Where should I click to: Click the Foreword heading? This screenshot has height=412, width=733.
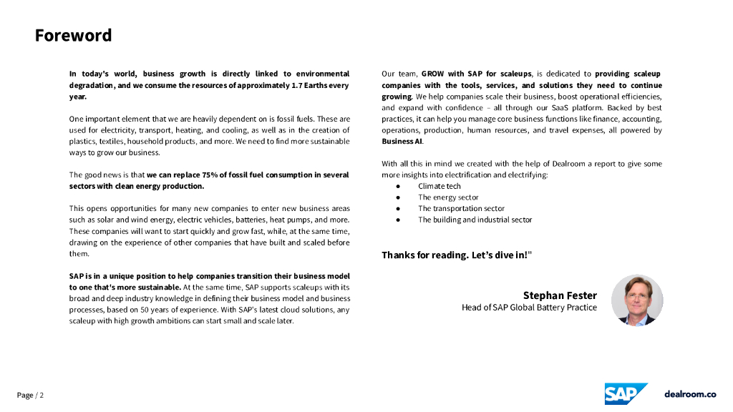click(x=73, y=35)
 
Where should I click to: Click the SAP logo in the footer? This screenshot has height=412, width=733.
click(x=625, y=394)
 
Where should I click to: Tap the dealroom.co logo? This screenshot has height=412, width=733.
click(x=689, y=394)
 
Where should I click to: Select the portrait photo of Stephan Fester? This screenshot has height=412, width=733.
click(x=637, y=300)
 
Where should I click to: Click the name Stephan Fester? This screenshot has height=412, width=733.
click(x=559, y=295)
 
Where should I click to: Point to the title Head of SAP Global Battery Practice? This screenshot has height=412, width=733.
click(x=529, y=308)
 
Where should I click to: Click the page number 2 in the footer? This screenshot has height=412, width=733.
click(x=42, y=396)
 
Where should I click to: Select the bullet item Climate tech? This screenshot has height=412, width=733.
click(x=440, y=186)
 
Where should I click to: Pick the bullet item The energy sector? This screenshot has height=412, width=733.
click(x=448, y=197)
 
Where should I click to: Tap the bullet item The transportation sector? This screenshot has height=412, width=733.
click(x=461, y=209)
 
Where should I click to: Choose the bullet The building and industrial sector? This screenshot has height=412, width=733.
click(x=475, y=220)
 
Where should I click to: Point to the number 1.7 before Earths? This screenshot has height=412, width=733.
click(x=284, y=85)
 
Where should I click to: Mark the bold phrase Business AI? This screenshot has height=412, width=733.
click(x=402, y=142)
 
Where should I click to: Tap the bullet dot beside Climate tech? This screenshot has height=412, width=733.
click(x=399, y=186)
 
